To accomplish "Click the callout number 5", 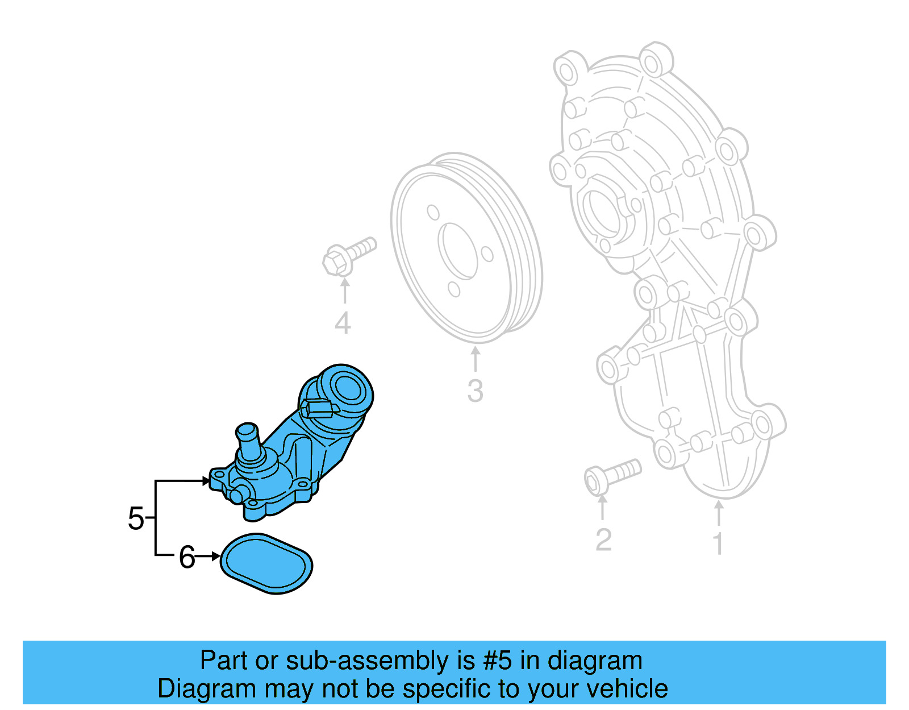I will click(x=136, y=518).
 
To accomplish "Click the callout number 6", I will click(x=187, y=557).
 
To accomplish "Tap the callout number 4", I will click(x=343, y=323).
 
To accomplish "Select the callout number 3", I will click(x=475, y=391).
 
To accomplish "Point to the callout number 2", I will click(x=603, y=539).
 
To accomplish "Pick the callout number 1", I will click(x=718, y=543).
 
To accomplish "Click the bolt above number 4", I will click(x=348, y=256).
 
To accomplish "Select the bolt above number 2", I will click(x=611, y=475).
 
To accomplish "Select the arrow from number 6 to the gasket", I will click(x=209, y=557).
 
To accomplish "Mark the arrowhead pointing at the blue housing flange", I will click(x=205, y=481).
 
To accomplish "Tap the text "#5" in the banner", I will click(x=497, y=661).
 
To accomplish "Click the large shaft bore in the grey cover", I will click(x=602, y=211).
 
